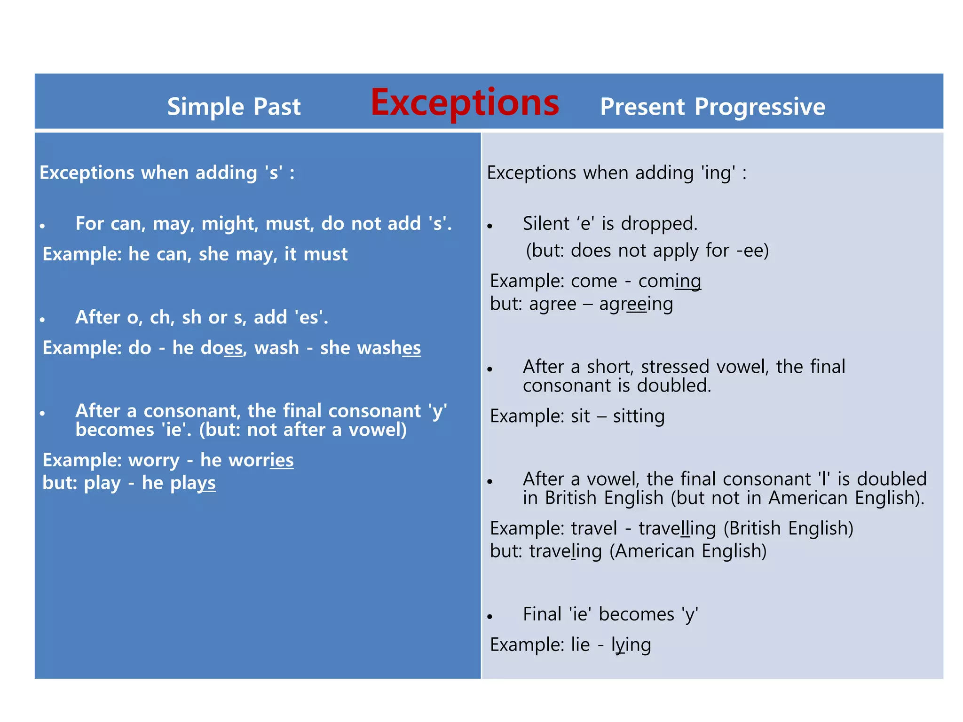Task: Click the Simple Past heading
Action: (234, 107)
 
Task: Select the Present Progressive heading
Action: (712, 107)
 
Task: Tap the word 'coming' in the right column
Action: (670, 281)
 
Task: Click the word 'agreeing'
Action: (636, 304)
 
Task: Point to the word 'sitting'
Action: (639, 416)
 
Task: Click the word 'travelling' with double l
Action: (677, 528)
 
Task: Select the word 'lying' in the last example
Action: (631, 645)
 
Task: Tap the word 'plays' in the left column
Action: (193, 483)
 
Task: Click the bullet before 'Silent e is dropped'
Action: (490, 227)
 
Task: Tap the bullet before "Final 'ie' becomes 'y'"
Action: (490, 617)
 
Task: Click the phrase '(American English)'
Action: (688, 551)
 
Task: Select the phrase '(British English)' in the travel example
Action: (788, 528)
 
